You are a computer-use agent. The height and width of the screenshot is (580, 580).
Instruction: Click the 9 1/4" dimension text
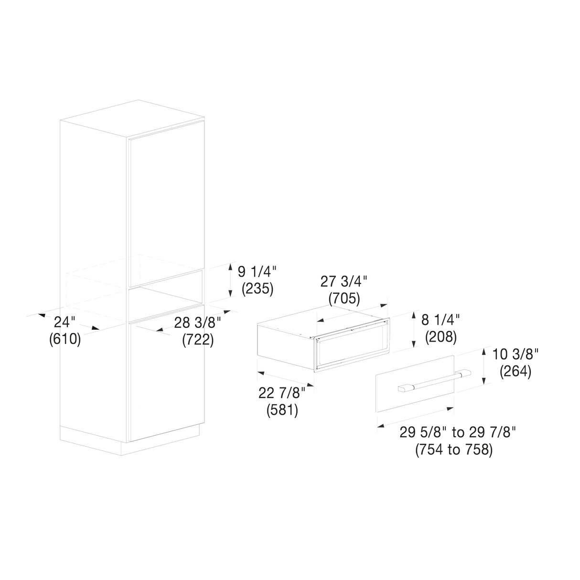[x=257, y=272]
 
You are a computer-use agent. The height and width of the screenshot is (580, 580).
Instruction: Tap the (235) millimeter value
[x=258, y=289]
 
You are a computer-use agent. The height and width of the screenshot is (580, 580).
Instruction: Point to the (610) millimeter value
[x=65, y=340]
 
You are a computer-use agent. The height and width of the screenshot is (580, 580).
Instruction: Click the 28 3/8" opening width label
[x=198, y=323]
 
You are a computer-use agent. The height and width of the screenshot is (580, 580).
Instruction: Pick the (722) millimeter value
[x=198, y=340]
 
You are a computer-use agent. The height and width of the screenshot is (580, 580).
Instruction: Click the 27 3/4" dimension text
[x=344, y=282]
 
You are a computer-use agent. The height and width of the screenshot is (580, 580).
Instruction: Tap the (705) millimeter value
[x=344, y=299]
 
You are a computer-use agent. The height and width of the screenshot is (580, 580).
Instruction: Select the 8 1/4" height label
[x=440, y=319]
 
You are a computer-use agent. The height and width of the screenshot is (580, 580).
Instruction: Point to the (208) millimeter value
[x=441, y=337]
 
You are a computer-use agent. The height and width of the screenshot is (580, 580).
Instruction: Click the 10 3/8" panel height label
[x=516, y=354]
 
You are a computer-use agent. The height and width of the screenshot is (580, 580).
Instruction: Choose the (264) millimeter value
[x=516, y=372]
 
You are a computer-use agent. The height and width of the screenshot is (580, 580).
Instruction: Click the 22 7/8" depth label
[x=282, y=393]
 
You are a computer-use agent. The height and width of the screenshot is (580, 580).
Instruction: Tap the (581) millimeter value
[x=282, y=410]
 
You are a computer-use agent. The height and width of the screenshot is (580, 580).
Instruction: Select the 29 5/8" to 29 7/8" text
[x=458, y=432]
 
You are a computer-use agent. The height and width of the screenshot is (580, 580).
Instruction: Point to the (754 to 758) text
[x=454, y=450]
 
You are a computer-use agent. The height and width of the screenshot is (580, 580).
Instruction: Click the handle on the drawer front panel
[x=435, y=381]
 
